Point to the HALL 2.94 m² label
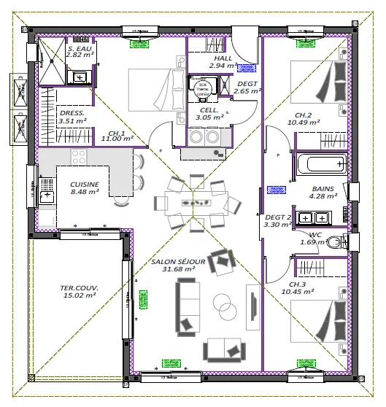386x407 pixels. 223,62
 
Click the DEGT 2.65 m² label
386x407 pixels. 249,88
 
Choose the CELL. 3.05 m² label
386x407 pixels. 210,113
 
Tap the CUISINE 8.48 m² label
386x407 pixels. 85,188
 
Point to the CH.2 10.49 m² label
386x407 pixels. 304,119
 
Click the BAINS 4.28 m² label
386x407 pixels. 323,192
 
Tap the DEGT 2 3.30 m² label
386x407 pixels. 278,221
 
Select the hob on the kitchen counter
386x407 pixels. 77,156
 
